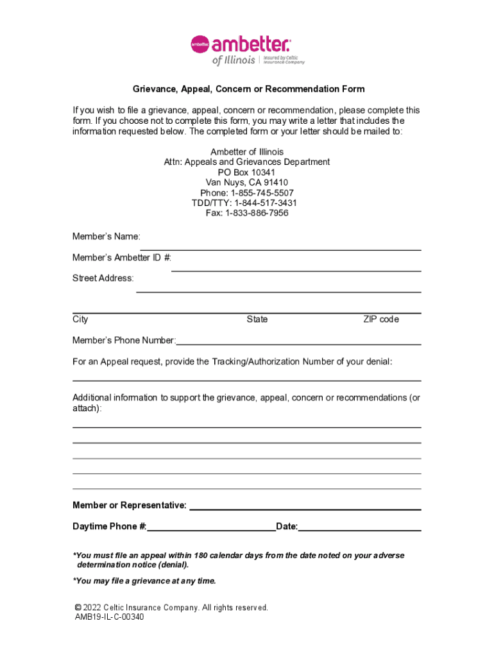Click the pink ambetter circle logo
pos(200,44)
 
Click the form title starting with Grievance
pos(248,89)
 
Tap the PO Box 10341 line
pos(246,173)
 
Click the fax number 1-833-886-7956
pos(257,213)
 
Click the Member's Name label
pos(106,237)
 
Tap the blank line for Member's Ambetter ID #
pos(296,269)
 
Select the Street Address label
pos(103,278)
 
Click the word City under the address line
pos(80,320)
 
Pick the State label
pos(257,320)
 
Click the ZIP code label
pos(380,320)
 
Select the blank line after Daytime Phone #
pos(211,530)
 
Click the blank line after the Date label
pos(359,530)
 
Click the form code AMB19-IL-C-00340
pos(109,617)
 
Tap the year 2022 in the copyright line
pos(92,607)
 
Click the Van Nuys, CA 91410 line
pos(247,183)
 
